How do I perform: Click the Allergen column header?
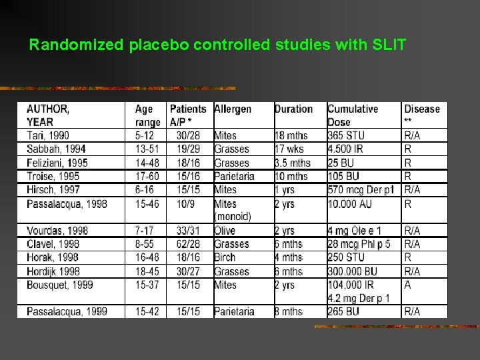(233, 109)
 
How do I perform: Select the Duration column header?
(293, 109)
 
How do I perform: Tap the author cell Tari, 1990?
(48, 136)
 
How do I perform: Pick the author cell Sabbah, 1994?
(56, 149)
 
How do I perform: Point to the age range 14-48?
(147, 163)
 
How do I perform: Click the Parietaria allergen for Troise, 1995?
(234, 177)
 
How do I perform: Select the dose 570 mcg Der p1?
(361, 190)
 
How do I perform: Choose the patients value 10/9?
(181, 203)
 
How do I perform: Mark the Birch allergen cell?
(225, 257)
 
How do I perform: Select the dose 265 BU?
(344, 311)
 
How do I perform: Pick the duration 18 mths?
(291, 136)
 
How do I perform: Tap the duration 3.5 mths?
(293, 163)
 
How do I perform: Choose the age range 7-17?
(145, 231)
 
